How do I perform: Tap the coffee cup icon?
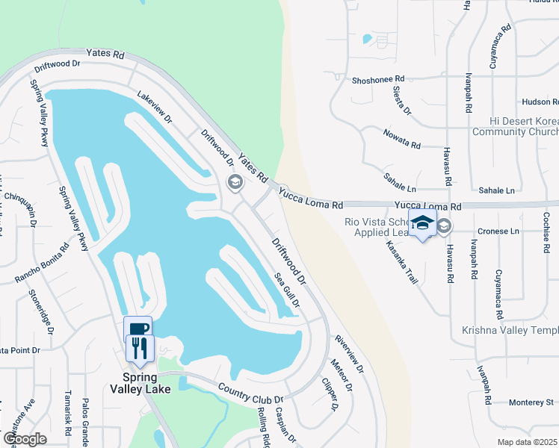[138, 328]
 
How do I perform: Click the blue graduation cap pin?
[422, 223]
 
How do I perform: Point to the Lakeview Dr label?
[155, 108]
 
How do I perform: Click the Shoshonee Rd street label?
[377, 78]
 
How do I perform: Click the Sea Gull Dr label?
[287, 289]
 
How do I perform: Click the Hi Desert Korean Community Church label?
[514, 126]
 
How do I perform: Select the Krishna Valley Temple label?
[510, 331]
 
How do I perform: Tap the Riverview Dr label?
[349, 353]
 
